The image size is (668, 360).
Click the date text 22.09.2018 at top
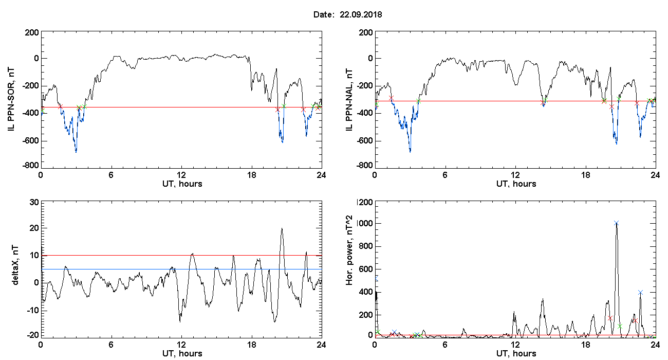[x=361, y=15]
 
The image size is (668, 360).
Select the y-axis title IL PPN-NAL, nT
[x=349, y=99]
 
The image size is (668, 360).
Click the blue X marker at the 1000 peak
[x=616, y=223]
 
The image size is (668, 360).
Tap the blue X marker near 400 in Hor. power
[x=640, y=292]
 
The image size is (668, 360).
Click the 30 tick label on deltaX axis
[x=33, y=202]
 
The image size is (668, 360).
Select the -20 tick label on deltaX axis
[x=32, y=334]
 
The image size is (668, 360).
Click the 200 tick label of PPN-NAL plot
[x=366, y=33]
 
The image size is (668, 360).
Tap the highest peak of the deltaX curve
[x=282, y=228]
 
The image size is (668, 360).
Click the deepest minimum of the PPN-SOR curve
[x=76, y=152]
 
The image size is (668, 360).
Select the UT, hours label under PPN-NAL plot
[x=515, y=184]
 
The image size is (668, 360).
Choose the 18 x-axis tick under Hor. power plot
[x=585, y=344]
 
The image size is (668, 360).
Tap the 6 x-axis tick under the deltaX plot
[x=111, y=344]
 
